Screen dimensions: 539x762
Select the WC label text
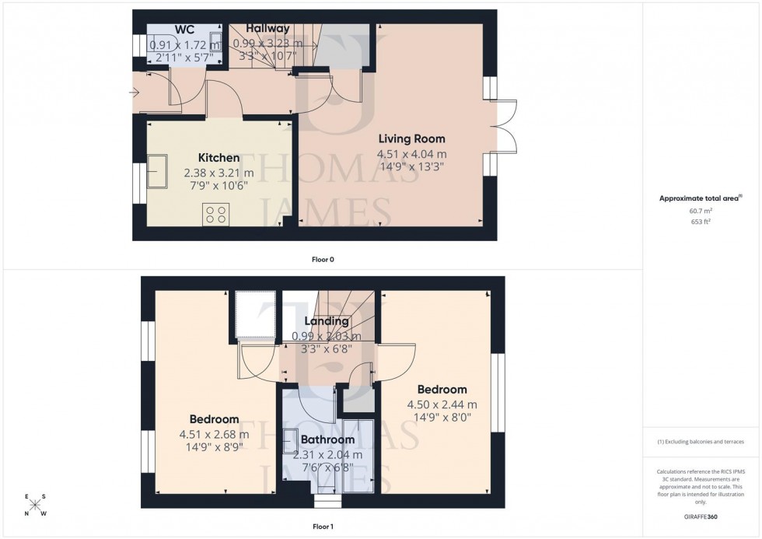coord(184,30)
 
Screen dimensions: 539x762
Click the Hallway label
coord(267,29)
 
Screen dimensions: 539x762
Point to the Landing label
coord(326,321)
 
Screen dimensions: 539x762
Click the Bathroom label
coord(327,439)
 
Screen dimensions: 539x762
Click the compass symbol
coord(35,505)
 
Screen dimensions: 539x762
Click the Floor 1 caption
coord(322,527)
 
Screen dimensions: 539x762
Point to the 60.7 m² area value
coord(701,210)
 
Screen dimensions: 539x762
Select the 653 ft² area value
coord(701,222)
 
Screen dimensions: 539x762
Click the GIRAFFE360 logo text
coord(701,517)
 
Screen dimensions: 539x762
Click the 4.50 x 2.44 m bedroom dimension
coord(442,404)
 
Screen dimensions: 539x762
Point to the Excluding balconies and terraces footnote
coord(701,442)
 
